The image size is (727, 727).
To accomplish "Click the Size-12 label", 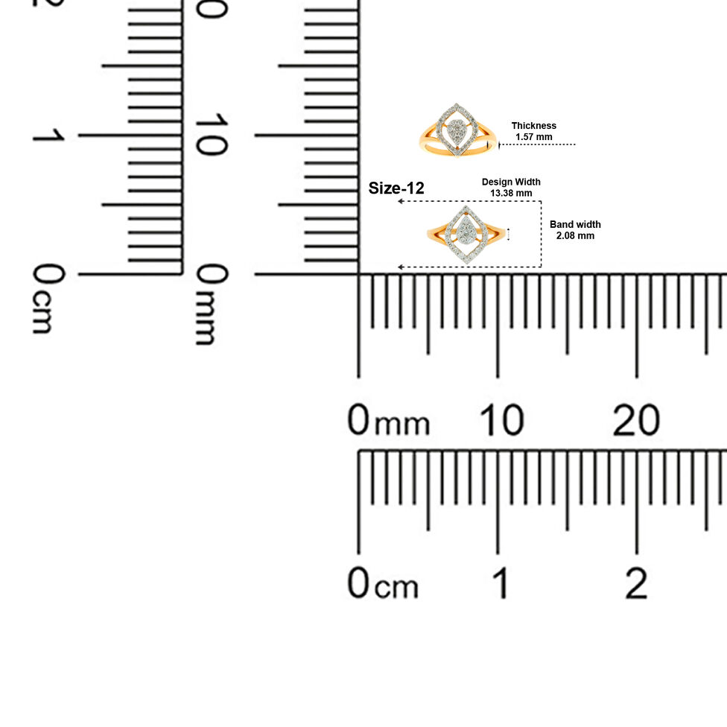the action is click(x=396, y=188).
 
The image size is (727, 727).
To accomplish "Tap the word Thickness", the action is click(x=533, y=126).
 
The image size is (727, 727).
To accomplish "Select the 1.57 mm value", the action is click(x=533, y=137).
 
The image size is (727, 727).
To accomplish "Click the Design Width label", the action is click(x=511, y=182).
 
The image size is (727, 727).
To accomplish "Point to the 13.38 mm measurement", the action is click(x=511, y=193).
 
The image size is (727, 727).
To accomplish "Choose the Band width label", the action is click(x=575, y=224).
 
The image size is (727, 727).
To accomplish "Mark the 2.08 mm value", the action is click(x=575, y=235).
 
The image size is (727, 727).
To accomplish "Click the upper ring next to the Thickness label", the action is click(x=457, y=130).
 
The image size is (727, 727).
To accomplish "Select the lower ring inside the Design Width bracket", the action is click(x=466, y=235).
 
